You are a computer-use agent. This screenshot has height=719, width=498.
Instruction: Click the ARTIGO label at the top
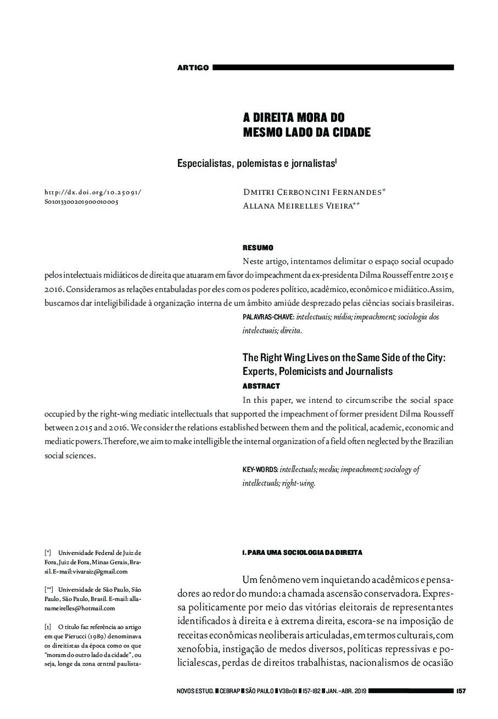tap(193, 68)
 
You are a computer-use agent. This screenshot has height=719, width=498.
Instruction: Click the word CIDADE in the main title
tap(347, 132)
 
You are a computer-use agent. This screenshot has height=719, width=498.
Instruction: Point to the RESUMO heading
tap(258, 248)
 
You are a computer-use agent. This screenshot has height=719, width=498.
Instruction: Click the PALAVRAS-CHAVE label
tap(268, 317)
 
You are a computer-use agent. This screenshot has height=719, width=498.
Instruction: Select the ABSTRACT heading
tap(261, 386)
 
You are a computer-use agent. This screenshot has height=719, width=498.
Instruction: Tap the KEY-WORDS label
tap(260, 470)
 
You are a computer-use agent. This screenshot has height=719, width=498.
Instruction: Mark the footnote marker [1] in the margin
tap(48, 626)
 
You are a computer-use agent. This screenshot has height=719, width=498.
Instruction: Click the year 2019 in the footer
tap(359, 690)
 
